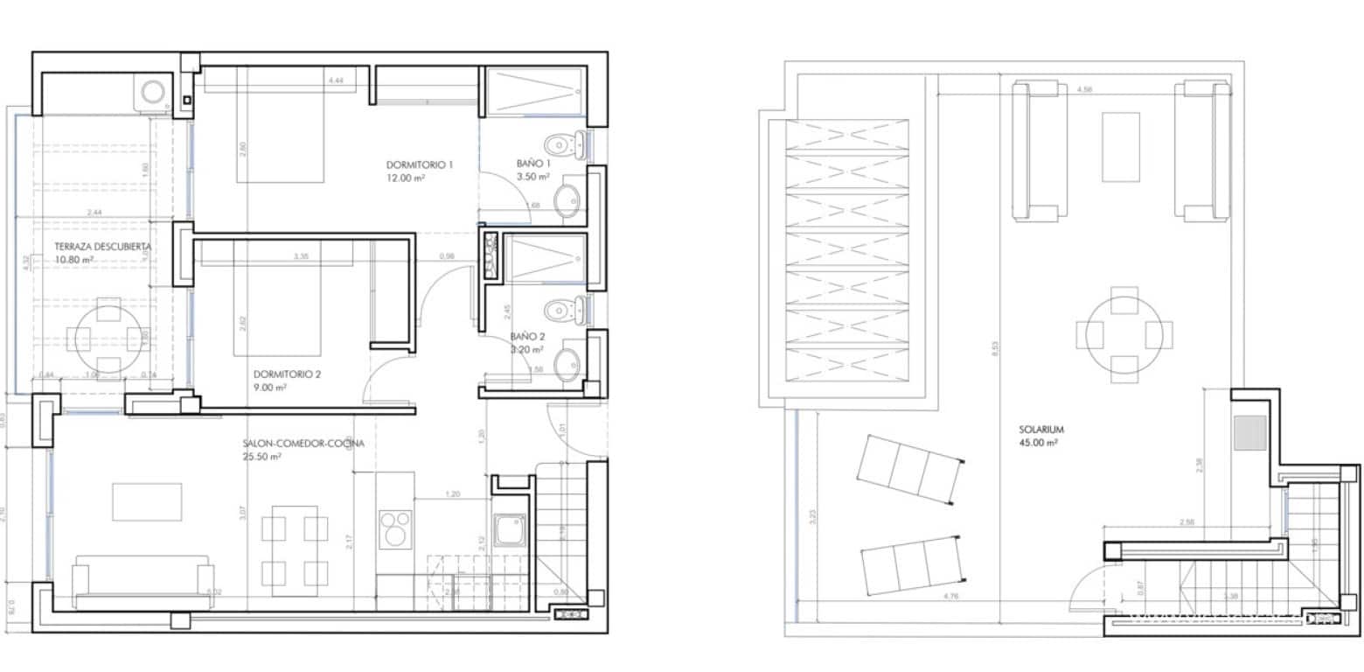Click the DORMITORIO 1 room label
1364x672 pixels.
[420, 164]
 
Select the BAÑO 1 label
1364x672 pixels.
[530, 164]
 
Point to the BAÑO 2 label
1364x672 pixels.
[528, 337]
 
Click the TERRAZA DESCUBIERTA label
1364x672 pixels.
[90, 247]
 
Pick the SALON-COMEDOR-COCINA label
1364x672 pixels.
[303, 444]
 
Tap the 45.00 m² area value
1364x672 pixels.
[1039, 444]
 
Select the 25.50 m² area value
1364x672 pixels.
[261, 457]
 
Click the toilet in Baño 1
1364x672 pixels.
[559, 143]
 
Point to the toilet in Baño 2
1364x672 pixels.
[559, 310]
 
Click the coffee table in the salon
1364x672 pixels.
[147, 501]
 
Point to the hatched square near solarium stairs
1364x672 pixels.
[1250, 432]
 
